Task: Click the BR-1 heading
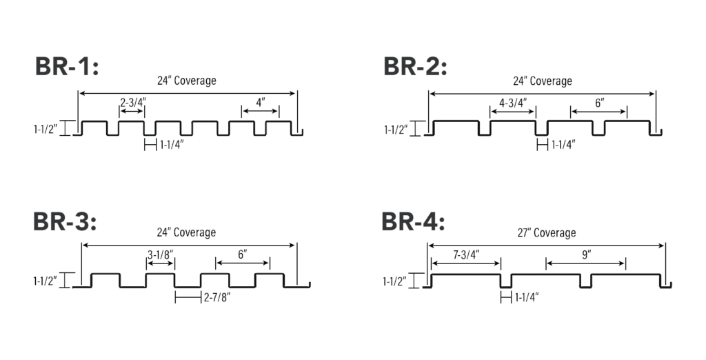pos(67,67)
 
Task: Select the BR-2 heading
pos(415,67)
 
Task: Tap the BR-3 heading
pos(65,221)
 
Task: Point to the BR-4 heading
pos(414,221)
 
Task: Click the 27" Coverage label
pos(547,232)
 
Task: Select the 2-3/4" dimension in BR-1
pos(133,102)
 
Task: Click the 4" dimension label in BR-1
pos(261,102)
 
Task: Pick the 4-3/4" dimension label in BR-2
pos(513,103)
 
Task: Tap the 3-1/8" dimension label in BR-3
pos(160,254)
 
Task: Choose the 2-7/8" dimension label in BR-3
pos(217,297)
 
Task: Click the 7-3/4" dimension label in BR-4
pos(466,254)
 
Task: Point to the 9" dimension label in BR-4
pos(586,255)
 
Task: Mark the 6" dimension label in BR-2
pos(599,103)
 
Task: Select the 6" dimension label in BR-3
pos(243,254)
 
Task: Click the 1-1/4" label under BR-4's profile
pos(527,297)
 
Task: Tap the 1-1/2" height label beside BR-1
pos(46,130)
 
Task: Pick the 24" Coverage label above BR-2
pos(543,81)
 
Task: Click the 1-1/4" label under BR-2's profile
pos(564,145)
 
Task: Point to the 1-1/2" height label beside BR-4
pos(394,281)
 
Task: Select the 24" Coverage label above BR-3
pos(186,232)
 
